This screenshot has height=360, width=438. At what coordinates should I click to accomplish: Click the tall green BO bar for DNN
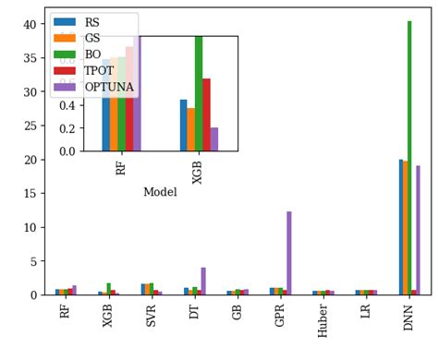point(409,157)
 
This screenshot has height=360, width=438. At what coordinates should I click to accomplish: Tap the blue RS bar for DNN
point(401,227)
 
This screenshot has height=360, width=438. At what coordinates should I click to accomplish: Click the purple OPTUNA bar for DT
point(203,281)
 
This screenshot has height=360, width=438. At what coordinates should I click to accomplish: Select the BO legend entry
point(93,54)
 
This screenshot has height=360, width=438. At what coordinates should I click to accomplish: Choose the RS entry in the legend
point(93,21)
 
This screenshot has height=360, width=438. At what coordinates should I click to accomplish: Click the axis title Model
point(160,192)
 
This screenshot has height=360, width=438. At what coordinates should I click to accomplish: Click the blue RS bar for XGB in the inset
point(183,125)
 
